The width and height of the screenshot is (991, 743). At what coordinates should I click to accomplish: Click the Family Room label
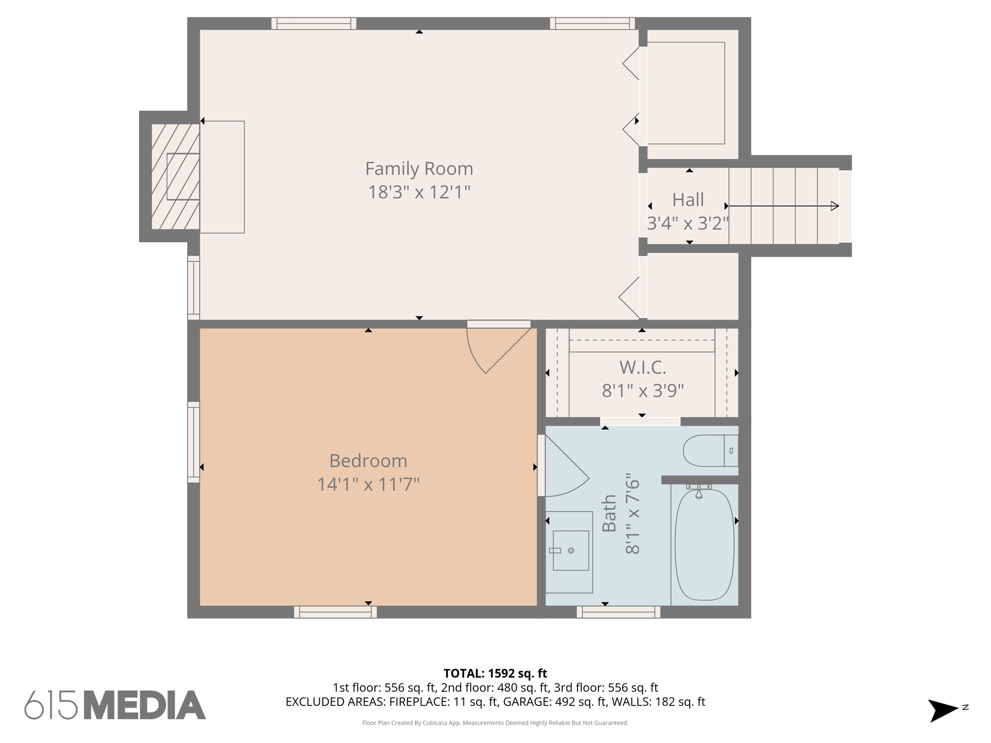pyautogui.click(x=419, y=169)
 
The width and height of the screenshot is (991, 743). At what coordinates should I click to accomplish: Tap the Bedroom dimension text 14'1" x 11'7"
pyautogui.click(x=368, y=484)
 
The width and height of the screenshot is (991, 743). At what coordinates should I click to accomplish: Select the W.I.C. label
pyautogui.click(x=642, y=368)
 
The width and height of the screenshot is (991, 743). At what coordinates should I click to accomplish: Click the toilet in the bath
pyautogui.click(x=709, y=450)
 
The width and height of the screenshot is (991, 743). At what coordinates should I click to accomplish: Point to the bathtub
pyautogui.click(x=704, y=545)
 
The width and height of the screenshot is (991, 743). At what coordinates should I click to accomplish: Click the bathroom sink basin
pyautogui.click(x=571, y=550)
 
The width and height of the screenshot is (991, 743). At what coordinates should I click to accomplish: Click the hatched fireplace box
pyautogui.click(x=175, y=177)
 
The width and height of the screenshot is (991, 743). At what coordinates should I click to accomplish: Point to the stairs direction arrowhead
pyautogui.click(x=835, y=206)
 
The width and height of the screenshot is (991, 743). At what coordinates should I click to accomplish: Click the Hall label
pyautogui.click(x=688, y=200)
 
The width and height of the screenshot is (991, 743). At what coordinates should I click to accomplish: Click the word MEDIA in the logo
pyautogui.click(x=145, y=705)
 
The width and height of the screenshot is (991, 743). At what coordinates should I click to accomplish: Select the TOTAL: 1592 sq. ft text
pyautogui.click(x=495, y=673)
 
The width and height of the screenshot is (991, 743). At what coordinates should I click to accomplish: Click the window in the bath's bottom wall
pyautogui.click(x=618, y=612)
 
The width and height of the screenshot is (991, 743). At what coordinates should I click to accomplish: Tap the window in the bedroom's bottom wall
pyautogui.click(x=335, y=612)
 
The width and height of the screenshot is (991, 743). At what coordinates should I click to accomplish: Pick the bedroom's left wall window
pyautogui.click(x=194, y=442)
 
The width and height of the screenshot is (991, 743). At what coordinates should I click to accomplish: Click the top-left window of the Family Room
pyautogui.click(x=314, y=23)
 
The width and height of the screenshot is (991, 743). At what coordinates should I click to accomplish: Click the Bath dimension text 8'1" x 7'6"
pyautogui.click(x=632, y=514)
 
